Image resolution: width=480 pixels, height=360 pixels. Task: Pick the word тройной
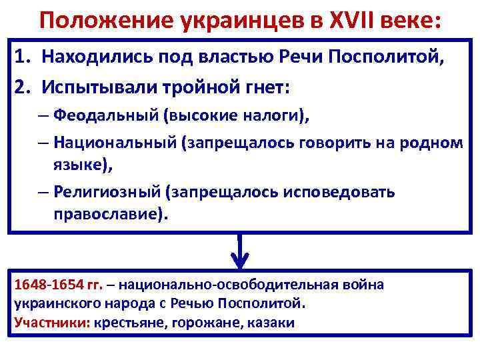click(x=187, y=87)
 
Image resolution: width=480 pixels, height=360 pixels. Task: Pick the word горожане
click(x=198, y=323)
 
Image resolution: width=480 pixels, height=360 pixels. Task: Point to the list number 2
click(x=21, y=87)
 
